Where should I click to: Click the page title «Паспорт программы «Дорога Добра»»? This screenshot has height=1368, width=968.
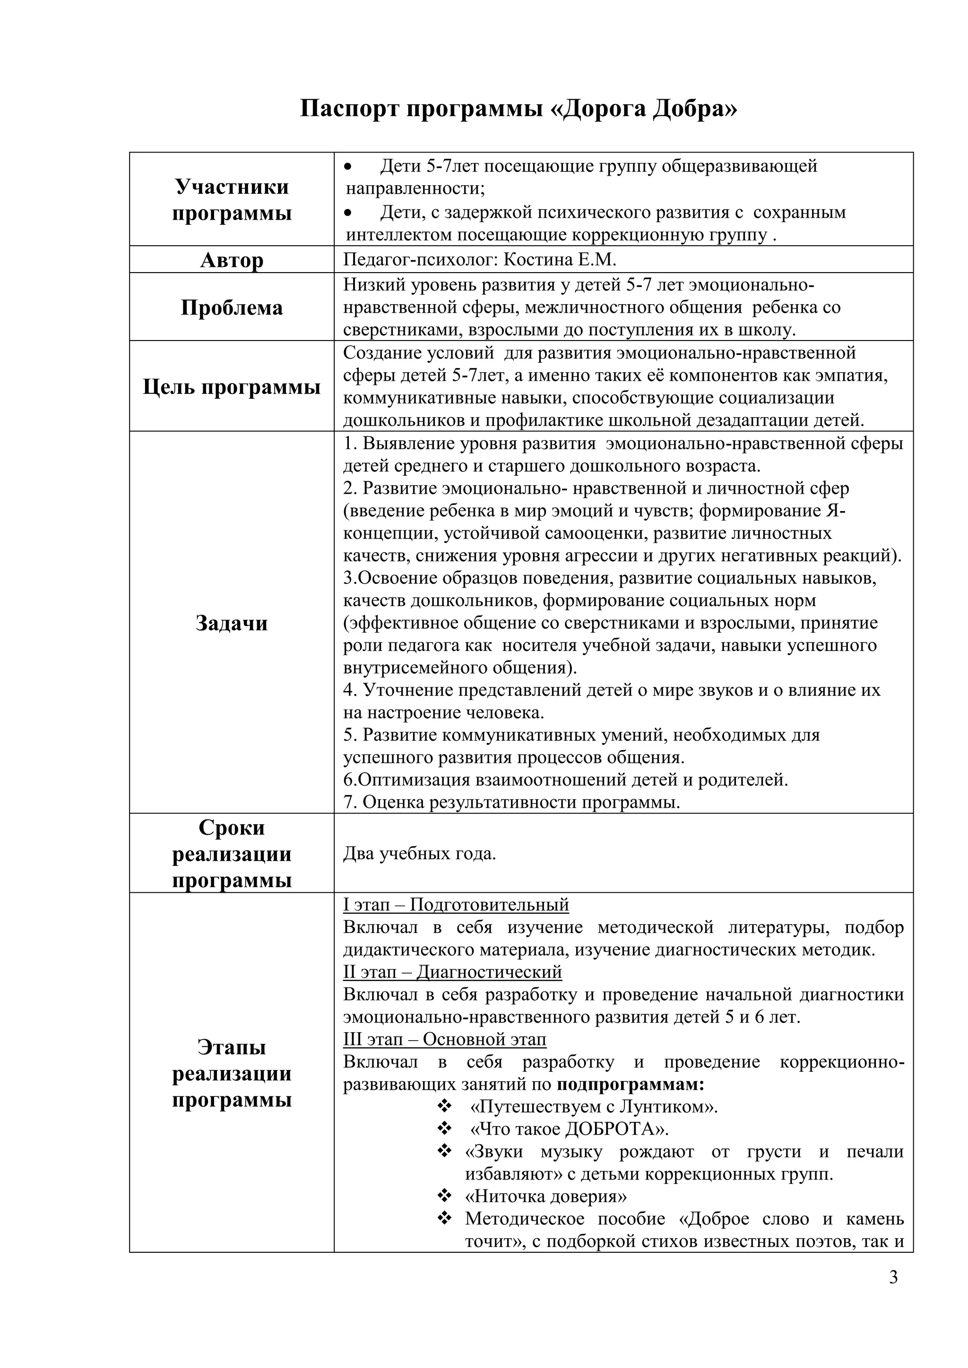point(518,110)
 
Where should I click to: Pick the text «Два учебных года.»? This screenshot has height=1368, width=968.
point(419,854)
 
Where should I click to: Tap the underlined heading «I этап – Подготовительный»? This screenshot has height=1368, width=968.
point(456,922)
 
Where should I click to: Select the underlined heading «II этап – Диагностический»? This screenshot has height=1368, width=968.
point(452,989)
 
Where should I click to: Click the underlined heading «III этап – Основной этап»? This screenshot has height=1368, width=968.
point(445,1056)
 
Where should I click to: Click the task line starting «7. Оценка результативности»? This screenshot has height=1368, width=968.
point(511,803)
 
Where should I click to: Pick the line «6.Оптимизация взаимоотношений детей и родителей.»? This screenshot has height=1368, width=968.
point(565,780)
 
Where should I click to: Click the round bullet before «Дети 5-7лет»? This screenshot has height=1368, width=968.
point(349,166)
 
